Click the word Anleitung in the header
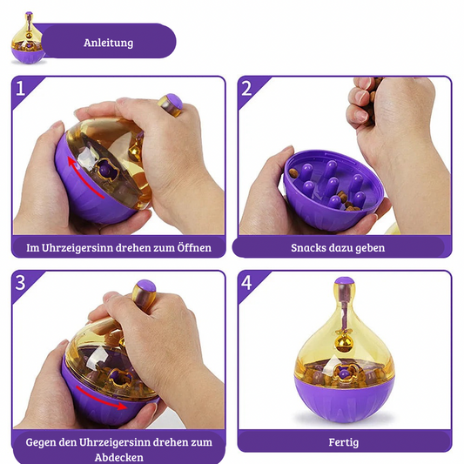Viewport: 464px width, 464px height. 108,43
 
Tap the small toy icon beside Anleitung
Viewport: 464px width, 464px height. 28,38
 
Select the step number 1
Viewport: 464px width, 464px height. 20,88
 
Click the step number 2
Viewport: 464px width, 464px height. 246,88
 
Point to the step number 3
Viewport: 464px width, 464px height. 20,282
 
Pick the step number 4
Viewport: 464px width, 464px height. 246,282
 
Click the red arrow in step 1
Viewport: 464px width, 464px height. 85,178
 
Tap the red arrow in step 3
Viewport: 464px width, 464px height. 102,398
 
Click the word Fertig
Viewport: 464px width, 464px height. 344,442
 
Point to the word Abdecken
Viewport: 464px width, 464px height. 119,457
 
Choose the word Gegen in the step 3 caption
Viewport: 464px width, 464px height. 41,443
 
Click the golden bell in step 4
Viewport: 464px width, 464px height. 342,345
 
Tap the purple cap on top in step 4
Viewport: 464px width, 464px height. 344,281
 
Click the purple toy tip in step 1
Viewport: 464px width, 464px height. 174,101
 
